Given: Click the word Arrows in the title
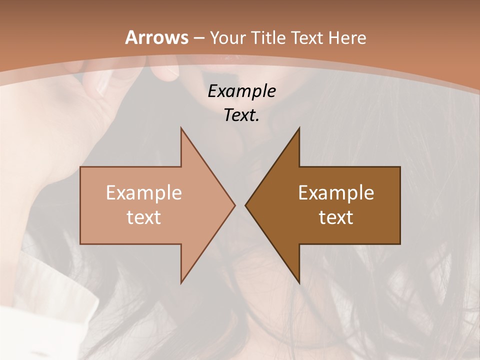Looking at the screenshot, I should pyautogui.click(x=157, y=37).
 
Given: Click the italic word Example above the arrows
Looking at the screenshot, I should pyautogui.click(x=241, y=91).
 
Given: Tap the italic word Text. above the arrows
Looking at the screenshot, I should pyautogui.click(x=241, y=115).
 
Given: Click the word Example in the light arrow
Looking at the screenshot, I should pyautogui.click(x=144, y=192).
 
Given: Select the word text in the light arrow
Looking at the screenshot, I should pyautogui.click(x=144, y=217).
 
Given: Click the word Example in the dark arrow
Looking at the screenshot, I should pyautogui.click(x=336, y=192).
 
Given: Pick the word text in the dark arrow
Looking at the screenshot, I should pyautogui.click(x=336, y=217).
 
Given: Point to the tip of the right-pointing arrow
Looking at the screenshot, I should pyautogui.click(x=234, y=205).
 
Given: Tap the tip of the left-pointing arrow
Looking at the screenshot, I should pyautogui.click(x=246, y=205).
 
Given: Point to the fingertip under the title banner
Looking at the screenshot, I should pyautogui.click(x=167, y=72).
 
